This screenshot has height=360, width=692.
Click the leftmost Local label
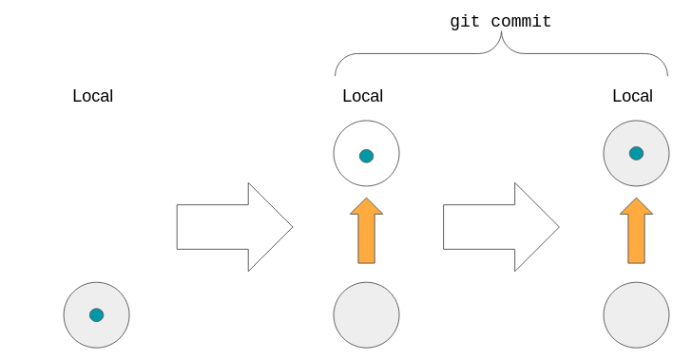coord(92,96)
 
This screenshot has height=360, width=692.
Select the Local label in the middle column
coord(362,96)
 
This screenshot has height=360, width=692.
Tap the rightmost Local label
coord(632,96)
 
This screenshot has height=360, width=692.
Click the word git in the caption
coord(466,21)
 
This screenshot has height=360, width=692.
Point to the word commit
coord(521,21)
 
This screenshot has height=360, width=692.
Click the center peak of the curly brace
coord(501,39)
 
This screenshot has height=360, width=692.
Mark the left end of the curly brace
coord(336,74)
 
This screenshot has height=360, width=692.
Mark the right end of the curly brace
coord(667,74)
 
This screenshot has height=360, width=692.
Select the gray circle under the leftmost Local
coord(96,314)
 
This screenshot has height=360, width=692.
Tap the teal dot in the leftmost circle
coord(96,314)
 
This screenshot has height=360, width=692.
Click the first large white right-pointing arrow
coord(234,227)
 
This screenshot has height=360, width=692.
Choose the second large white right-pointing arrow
coord(500,227)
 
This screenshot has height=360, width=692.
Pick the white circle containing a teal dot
coord(366,153)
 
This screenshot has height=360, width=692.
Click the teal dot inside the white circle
coord(366,156)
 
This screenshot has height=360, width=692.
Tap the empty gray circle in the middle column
coord(366,314)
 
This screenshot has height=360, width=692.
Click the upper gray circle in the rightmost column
coord(636,153)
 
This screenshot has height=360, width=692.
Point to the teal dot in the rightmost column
coord(636,153)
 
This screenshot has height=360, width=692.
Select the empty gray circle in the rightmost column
coord(636,314)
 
